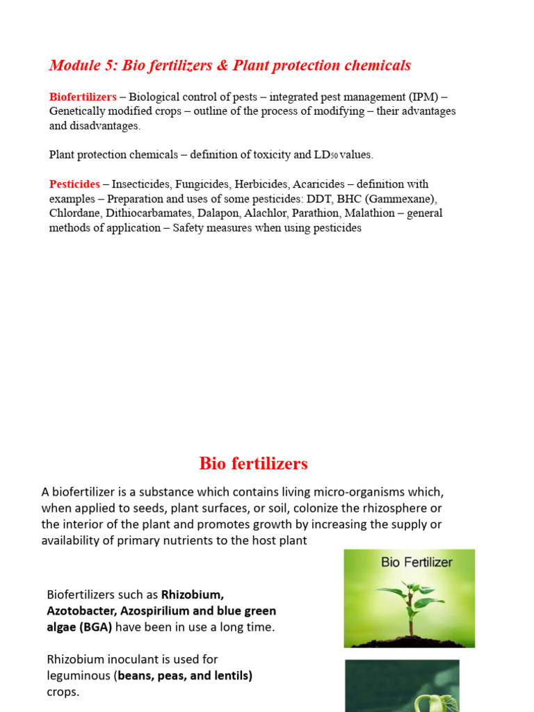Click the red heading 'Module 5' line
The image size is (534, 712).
229,65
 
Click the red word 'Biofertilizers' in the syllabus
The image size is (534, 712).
83,97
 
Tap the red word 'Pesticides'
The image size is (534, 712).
74,184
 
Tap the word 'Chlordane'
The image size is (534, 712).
75,213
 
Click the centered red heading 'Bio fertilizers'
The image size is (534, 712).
253,463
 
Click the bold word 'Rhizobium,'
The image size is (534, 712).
193,594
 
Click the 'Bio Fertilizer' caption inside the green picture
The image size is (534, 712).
416,562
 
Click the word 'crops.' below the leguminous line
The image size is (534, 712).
63,692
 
